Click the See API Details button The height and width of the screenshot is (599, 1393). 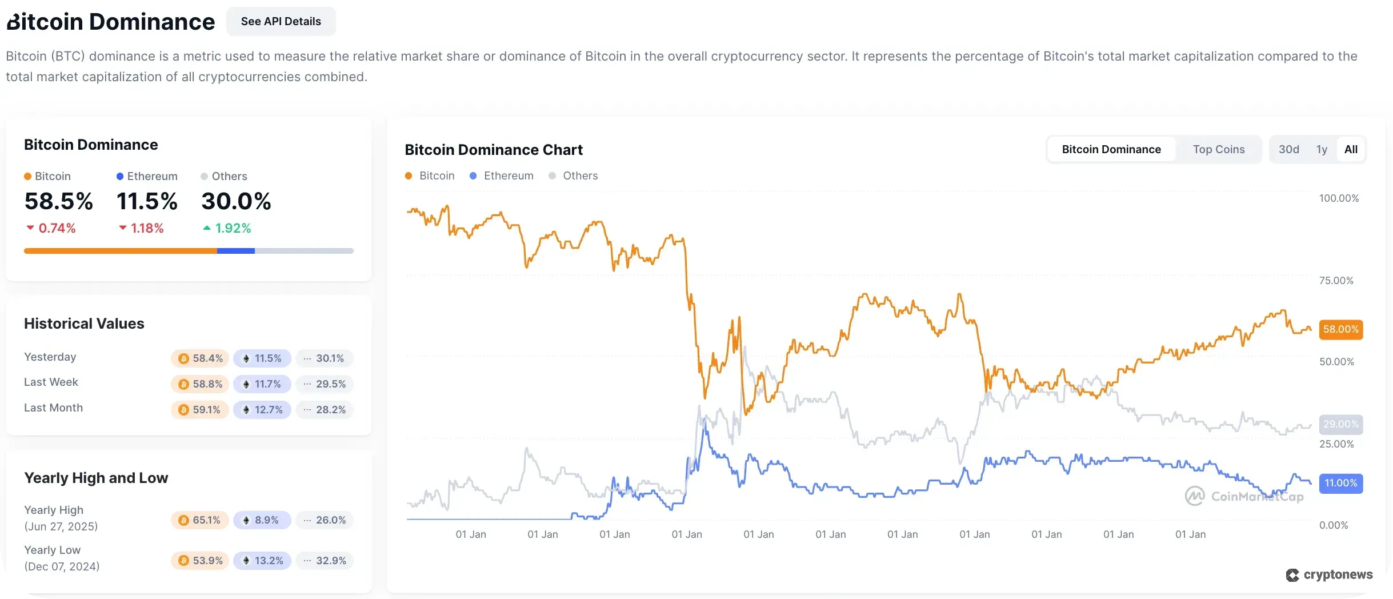(x=281, y=22)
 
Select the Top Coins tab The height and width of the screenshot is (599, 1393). (x=1218, y=150)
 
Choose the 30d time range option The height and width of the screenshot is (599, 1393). (x=1288, y=150)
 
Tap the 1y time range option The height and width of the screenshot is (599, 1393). (x=1322, y=150)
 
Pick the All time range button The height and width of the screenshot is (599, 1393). (x=1351, y=150)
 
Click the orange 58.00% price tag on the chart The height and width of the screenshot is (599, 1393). (x=1340, y=330)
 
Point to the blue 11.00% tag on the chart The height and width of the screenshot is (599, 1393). (x=1340, y=484)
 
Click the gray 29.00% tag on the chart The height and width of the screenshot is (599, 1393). (x=1340, y=425)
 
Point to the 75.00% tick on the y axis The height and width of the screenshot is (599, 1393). (x=1336, y=281)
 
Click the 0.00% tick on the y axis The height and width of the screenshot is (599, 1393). (x=1333, y=525)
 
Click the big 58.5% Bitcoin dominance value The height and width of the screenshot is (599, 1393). (x=58, y=202)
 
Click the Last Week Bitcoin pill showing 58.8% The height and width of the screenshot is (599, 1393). (x=200, y=384)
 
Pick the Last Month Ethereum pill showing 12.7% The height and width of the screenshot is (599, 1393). (x=262, y=410)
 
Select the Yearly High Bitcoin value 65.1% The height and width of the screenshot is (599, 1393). (x=200, y=520)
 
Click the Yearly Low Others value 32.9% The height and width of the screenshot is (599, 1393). (x=325, y=561)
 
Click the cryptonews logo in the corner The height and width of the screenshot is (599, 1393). (x=1329, y=575)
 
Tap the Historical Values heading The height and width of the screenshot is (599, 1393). (x=84, y=324)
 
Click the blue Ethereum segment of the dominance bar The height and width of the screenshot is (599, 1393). (x=235, y=251)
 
